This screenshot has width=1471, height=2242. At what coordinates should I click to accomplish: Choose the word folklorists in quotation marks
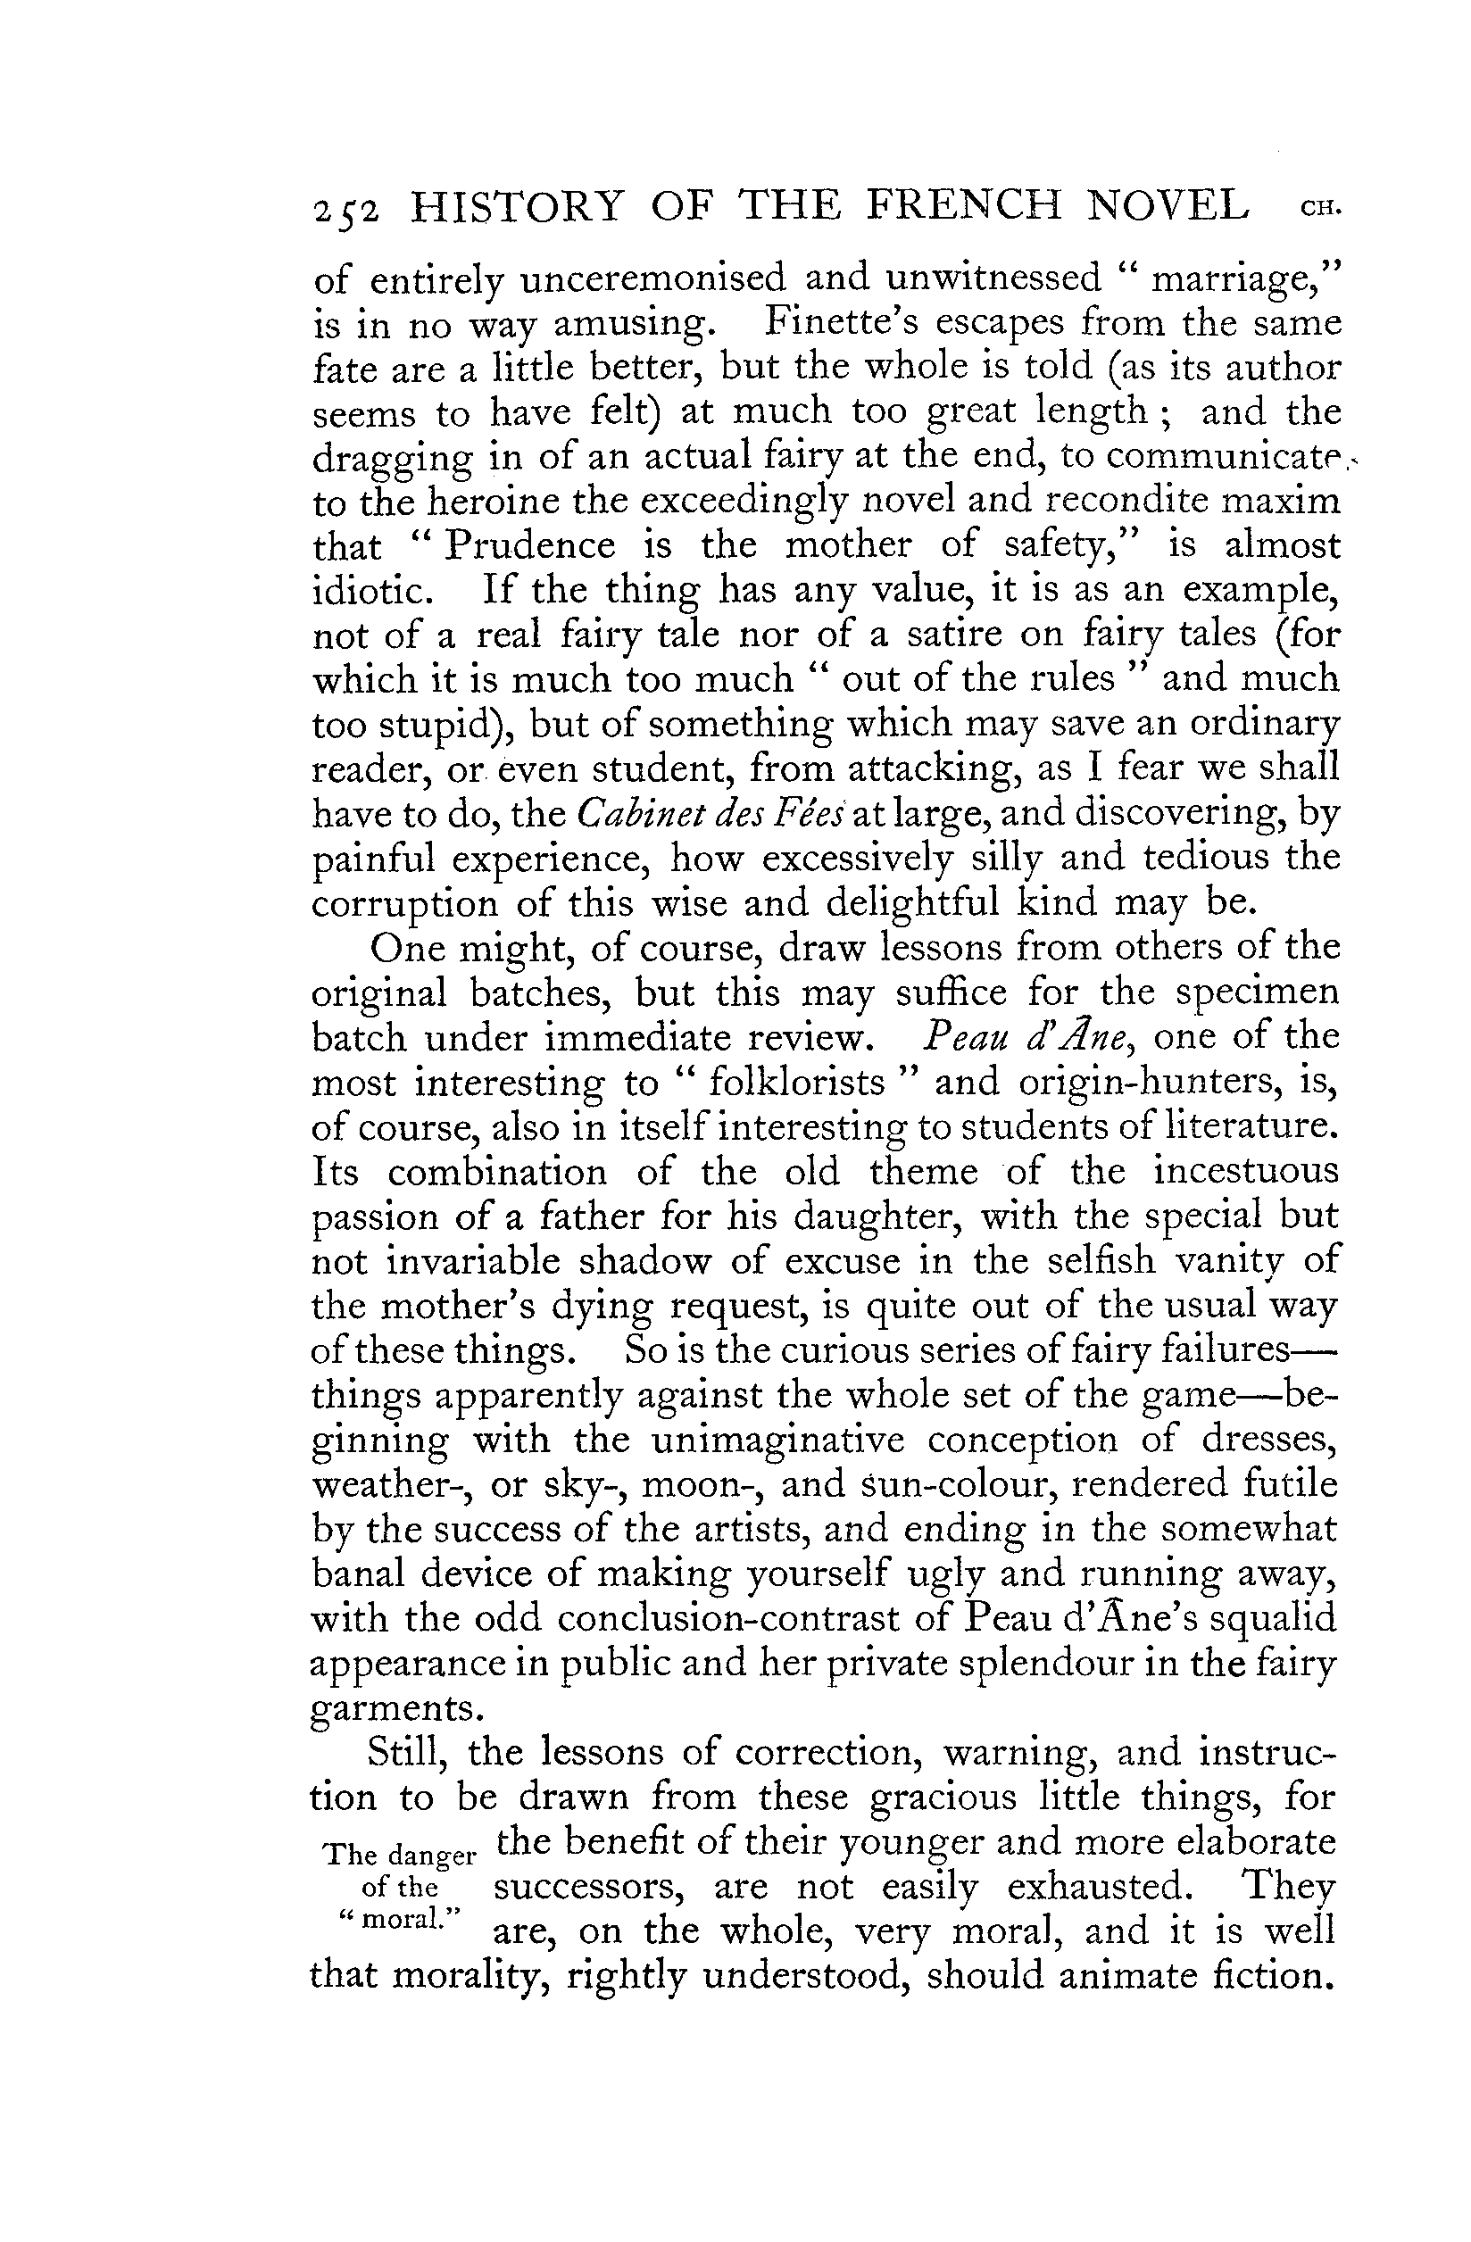click(796, 1084)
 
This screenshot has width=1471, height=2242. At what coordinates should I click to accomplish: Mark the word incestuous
click(1246, 1172)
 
